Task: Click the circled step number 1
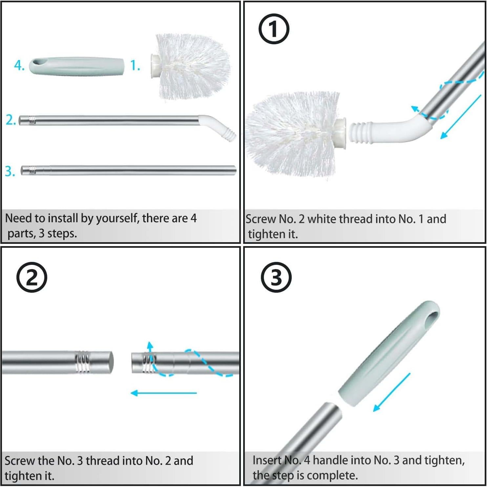274,29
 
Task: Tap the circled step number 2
32,277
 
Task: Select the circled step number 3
276,277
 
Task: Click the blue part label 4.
19,66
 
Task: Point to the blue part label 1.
135,65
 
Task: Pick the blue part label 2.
11,120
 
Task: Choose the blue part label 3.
10,171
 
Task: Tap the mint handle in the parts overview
77,66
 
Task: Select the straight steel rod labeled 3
128,170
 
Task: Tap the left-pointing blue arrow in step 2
163,393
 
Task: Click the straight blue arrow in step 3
392,392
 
